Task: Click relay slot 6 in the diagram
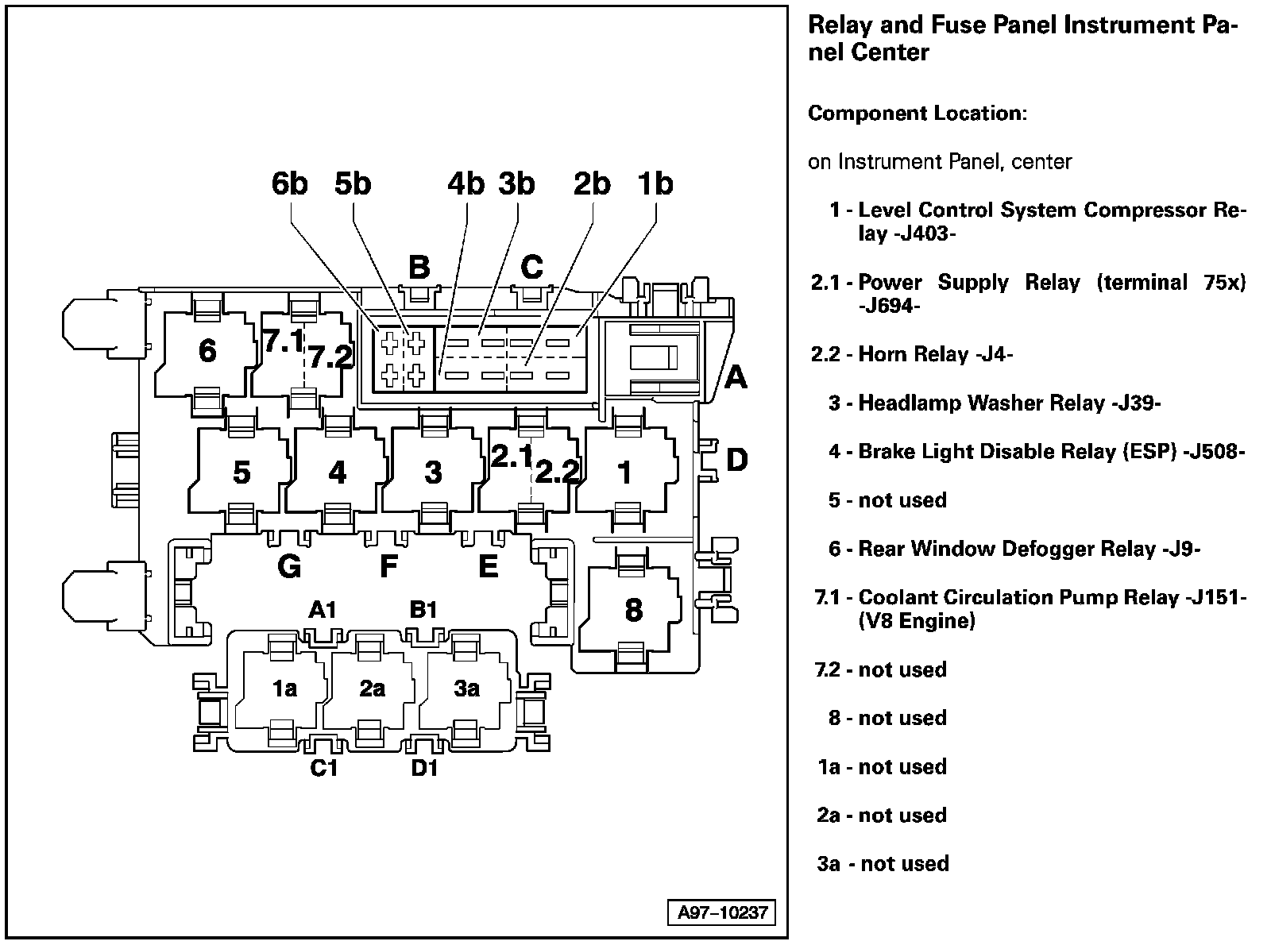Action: coord(207,351)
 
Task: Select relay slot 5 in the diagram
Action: coord(241,472)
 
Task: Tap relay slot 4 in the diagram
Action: coord(338,472)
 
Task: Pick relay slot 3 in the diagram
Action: coord(433,472)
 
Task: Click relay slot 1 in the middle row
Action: coord(626,472)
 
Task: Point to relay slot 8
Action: coord(633,610)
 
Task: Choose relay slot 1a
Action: coord(284,688)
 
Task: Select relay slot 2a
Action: coord(372,688)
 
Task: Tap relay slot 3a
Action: coord(467,688)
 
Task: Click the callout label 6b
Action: coord(289,184)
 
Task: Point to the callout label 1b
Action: coord(655,184)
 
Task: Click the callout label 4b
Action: coord(466,184)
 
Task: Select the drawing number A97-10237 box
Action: coord(722,912)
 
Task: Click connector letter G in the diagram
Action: coord(289,567)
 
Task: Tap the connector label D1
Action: coord(424,769)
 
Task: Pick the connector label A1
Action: coord(323,610)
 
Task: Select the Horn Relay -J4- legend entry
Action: coord(934,355)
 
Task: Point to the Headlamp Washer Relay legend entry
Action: coord(1009,403)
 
